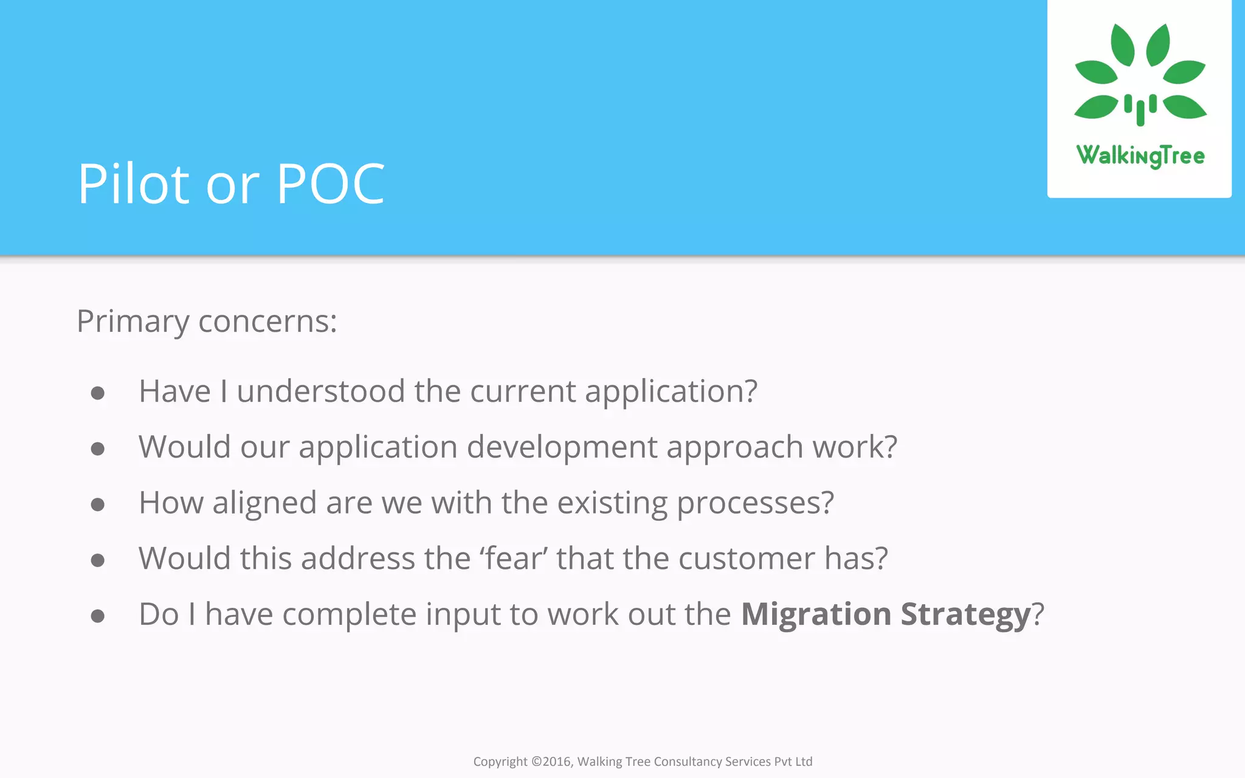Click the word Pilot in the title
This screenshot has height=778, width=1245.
[134, 184]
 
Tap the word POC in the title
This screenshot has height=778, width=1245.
[330, 184]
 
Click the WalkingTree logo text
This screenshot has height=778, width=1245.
[1140, 156]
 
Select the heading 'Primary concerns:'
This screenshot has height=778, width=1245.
[207, 321]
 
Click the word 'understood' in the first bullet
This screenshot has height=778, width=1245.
[321, 391]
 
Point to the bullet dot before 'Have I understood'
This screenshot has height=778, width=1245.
[97, 393]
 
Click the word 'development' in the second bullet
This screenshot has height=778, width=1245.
[562, 447]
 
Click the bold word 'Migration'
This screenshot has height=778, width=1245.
[816, 614]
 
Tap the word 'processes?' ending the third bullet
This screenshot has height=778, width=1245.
[755, 503]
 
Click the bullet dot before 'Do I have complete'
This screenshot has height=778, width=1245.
[97, 616]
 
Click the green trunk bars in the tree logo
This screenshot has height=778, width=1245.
[1140, 109]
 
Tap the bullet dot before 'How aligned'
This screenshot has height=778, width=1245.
[97, 504]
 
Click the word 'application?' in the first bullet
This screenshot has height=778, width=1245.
[671, 391]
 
